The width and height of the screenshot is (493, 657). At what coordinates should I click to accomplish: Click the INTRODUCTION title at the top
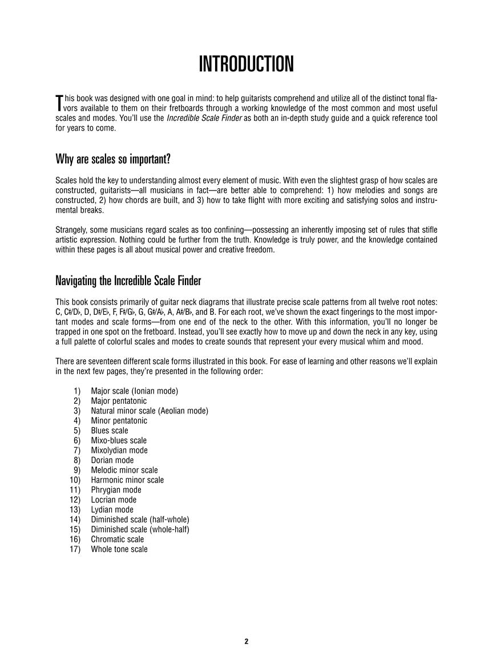[x=246, y=64]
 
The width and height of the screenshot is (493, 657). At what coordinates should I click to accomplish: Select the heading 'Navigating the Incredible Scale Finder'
[x=128, y=281]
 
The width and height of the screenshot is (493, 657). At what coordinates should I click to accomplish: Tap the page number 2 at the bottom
[x=246, y=641]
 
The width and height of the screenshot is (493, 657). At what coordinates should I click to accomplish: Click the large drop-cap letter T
[x=58, y=103]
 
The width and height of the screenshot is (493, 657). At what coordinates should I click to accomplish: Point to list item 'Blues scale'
[x=110, y=431]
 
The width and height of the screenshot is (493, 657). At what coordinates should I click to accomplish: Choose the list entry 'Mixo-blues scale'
[x=119, y=440]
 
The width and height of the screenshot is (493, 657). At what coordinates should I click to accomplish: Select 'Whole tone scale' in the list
[x=119, y=549]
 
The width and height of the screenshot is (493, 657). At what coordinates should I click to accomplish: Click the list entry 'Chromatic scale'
[x=118, y=539]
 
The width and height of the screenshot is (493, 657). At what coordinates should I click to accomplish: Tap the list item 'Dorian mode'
[x=112, y=460]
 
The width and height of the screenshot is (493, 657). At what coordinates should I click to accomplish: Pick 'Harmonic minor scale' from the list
[x=127, y=480]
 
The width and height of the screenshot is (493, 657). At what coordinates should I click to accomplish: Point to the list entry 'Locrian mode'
[x=114, y=500]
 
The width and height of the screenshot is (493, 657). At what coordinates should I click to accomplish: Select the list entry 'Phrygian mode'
[x=116, y=490]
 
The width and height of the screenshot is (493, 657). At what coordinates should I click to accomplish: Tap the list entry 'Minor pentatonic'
[x=119, y=421]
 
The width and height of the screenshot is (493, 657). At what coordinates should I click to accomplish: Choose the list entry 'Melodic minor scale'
[x=124, y=470]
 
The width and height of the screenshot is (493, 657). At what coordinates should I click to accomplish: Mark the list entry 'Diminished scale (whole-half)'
[x=140, y=529]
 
